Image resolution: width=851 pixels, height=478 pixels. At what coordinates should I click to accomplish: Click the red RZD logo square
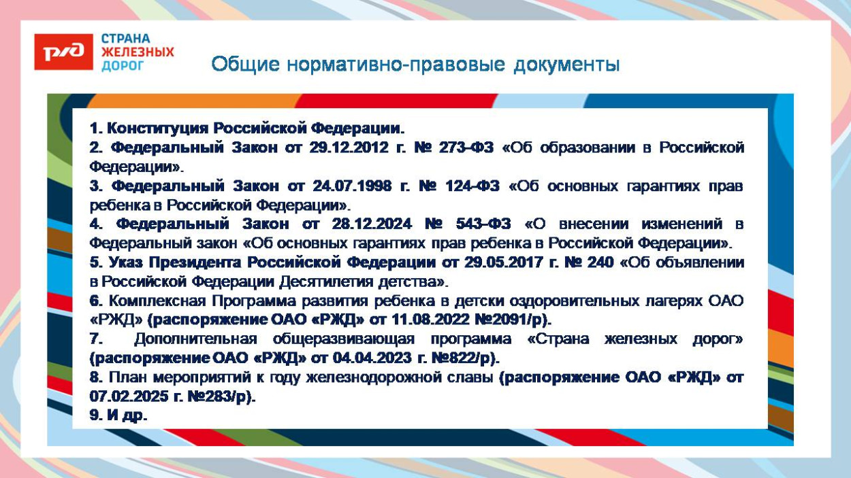tap(63, 52)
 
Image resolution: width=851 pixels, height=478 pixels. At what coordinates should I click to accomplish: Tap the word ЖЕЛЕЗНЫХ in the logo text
tap(138, 52)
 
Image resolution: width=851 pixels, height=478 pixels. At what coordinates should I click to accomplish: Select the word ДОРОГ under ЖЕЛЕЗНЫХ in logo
tap(123, 65)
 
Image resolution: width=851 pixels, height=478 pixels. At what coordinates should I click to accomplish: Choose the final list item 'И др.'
tap(118, 415)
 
